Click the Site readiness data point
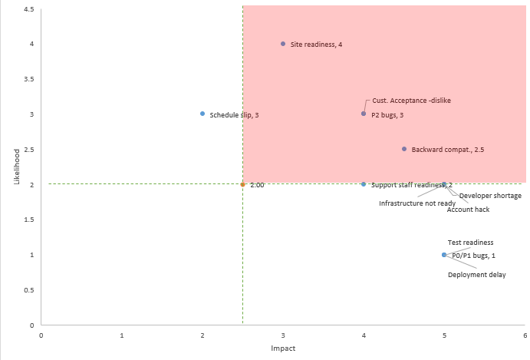pos(283,44)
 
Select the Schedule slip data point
pos(202,114)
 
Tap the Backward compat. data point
pos(404,149)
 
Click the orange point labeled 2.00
pos(242,184)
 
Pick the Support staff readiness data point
pos(364,184)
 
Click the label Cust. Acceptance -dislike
pos(412,101)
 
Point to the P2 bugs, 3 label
pos(387,115)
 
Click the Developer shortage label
pos(490,196)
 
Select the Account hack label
pos(468,209)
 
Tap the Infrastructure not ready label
pos(417,203)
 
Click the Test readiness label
pos(471,243)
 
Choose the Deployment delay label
pos(476,275)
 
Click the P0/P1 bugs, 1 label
pos(473,256)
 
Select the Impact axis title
pos(283,348)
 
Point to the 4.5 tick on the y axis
pos(28,9)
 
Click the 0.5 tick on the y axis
pos(28,290)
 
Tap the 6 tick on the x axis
pos(525,335)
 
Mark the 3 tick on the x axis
pos(283,335)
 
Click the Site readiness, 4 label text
pos(316,45)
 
